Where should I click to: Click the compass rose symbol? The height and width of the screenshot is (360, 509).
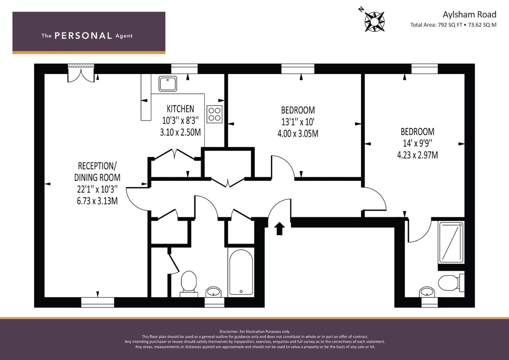[x=374, y=22]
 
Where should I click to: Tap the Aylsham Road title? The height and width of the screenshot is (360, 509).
[x=469, y=14]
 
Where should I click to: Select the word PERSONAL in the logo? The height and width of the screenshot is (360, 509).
[x=83, y=36]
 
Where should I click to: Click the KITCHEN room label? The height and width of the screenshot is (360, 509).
[x=180, y=109]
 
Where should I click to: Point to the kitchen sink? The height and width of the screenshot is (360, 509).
[x=168, y=83]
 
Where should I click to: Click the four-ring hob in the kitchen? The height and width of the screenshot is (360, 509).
[x=214, y=114]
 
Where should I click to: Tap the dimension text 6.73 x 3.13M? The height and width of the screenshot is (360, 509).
[x=97, y=201]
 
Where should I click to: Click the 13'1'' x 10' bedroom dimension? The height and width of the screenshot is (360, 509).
[x=298, y=122]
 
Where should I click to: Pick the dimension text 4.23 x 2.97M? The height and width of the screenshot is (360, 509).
[x=417, y=155]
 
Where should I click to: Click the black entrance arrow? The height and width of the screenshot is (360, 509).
[x=279, y=228]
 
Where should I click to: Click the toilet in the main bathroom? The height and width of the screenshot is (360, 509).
[x=189, y=283]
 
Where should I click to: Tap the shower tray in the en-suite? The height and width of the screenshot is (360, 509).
[x=451, y=242]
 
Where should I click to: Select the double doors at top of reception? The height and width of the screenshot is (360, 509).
[x=81, y=73]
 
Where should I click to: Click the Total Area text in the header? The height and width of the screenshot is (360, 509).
[x=453, y=25]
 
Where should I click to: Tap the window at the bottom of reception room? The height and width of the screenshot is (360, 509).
[x=98, y=302]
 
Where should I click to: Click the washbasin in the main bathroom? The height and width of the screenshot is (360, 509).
[x=213, y=292]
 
